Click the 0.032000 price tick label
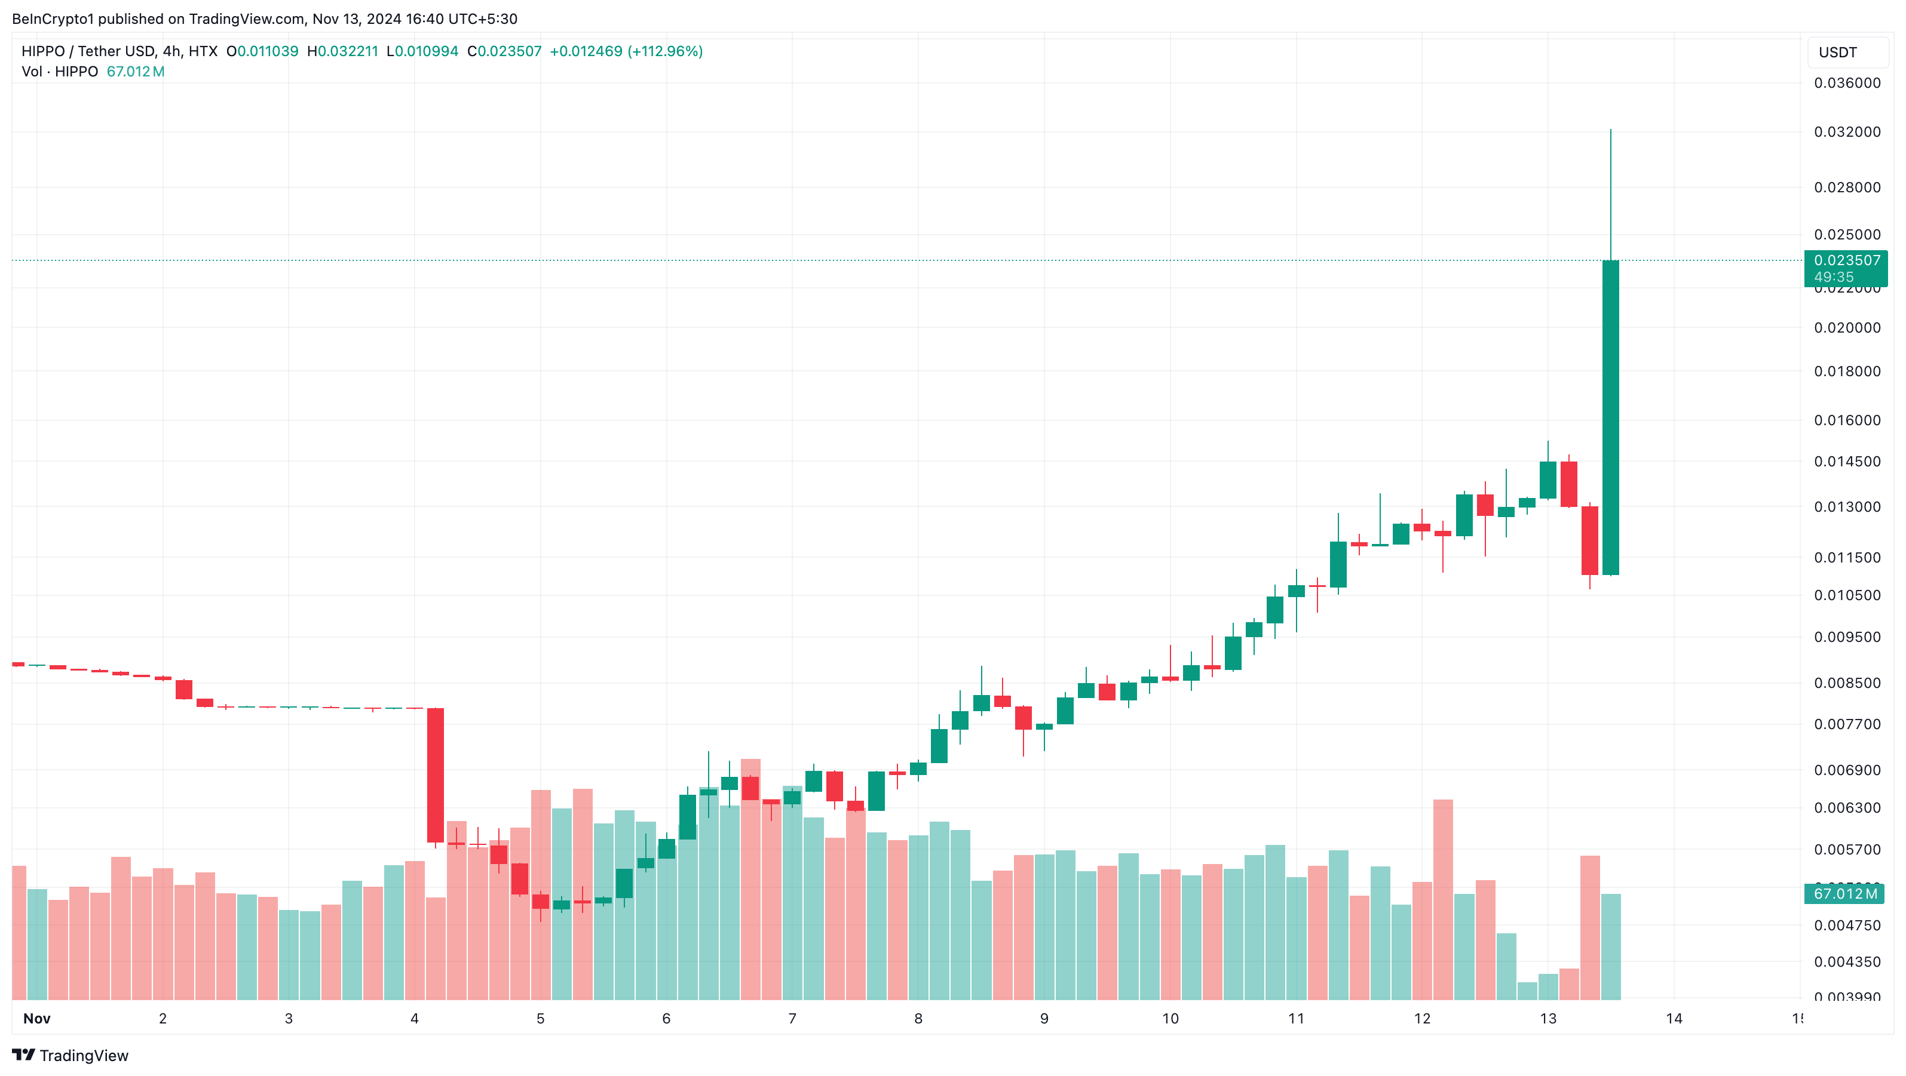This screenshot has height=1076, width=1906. click(1846, 131)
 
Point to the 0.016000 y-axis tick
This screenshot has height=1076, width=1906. click(1846, 420)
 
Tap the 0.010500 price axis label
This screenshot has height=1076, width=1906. click(1846, 595)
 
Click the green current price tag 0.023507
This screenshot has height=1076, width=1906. click(1846, 260)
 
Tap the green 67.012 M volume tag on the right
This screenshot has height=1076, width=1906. click(1844, 893)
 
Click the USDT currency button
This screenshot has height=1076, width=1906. click(1837, 53)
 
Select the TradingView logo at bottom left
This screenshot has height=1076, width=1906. click(71, 1055)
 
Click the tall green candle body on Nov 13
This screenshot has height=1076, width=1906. click(1610, 418)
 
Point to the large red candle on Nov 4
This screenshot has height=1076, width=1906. click(435, 775)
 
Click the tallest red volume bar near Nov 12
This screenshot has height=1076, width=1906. click(1443, 899)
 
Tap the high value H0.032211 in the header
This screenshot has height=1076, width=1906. click(342, 51)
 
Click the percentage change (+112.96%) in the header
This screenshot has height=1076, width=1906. click(664, 51)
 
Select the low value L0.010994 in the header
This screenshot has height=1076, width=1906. click(422, 51)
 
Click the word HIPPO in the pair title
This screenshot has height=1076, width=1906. click(43, 51)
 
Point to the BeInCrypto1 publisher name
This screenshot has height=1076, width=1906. click(53, 19)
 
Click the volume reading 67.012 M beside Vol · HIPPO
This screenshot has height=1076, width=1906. click(136, 72)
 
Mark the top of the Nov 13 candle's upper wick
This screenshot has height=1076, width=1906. click(1610, 130)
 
